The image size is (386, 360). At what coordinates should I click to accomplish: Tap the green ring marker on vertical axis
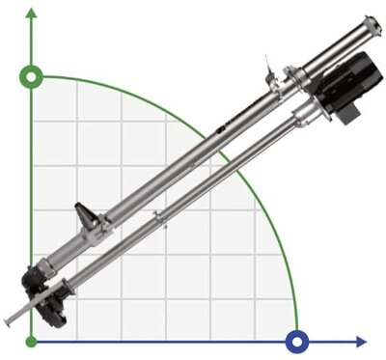click(x=32, y=75)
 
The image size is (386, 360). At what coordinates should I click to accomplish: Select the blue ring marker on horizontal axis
click(x=297, y=340)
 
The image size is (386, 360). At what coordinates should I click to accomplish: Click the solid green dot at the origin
click(x=32, y=341)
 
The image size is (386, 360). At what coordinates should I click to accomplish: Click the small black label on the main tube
click(x=223, y=125)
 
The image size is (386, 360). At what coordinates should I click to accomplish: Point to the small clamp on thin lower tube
click(x=165, y=225)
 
